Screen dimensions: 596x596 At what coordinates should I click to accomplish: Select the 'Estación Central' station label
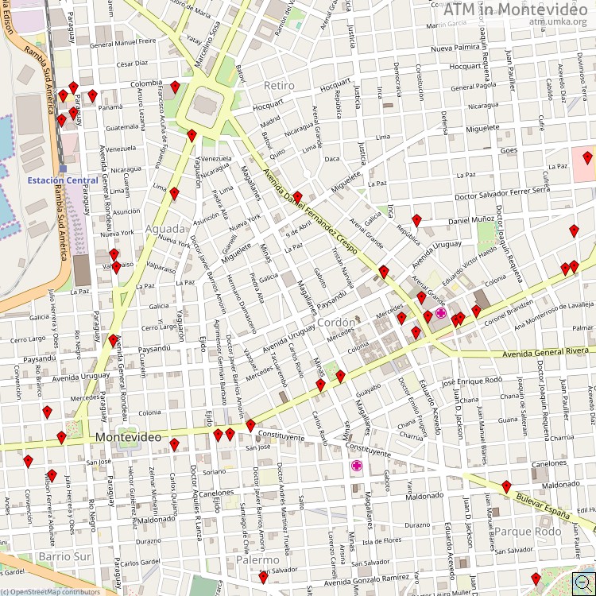click(x=63, y=180)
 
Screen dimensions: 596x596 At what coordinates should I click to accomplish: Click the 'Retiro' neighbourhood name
click(x=278, y=85)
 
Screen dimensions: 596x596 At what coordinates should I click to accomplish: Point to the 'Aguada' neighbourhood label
click(x=164, y=230)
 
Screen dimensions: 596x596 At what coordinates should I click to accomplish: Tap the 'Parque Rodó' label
click(x=527, y=531)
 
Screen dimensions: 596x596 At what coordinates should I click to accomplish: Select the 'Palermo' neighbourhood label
click(x=257, y=560)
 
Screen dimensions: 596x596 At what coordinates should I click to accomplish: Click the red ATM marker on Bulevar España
click(x=506, y=486)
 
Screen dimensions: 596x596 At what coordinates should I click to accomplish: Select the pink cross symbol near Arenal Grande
click(x=440, y=314)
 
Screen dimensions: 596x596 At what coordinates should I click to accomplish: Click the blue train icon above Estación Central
click(x=63, y=168)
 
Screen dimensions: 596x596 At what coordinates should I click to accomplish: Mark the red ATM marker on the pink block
click(x=587, y=157)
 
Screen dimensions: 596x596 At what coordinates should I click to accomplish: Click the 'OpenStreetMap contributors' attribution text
click(x=55, y=591)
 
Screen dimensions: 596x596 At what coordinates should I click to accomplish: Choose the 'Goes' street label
click(x=509, y=149)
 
